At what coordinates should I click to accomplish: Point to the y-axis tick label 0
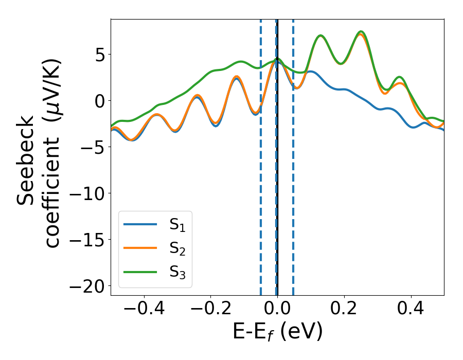pos(99,101)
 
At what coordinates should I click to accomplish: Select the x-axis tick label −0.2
pos(210,310)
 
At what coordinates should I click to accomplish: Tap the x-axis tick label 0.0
pos(277,310)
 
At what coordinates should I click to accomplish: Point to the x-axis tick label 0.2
pos(344,310)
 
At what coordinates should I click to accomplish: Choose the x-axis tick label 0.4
pos(411,310)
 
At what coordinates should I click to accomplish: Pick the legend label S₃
pos(177,273)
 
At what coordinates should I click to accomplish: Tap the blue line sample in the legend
pos(140,224)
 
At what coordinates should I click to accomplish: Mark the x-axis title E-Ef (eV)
pos(277,332)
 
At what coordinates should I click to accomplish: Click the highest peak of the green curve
pos(361,32)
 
